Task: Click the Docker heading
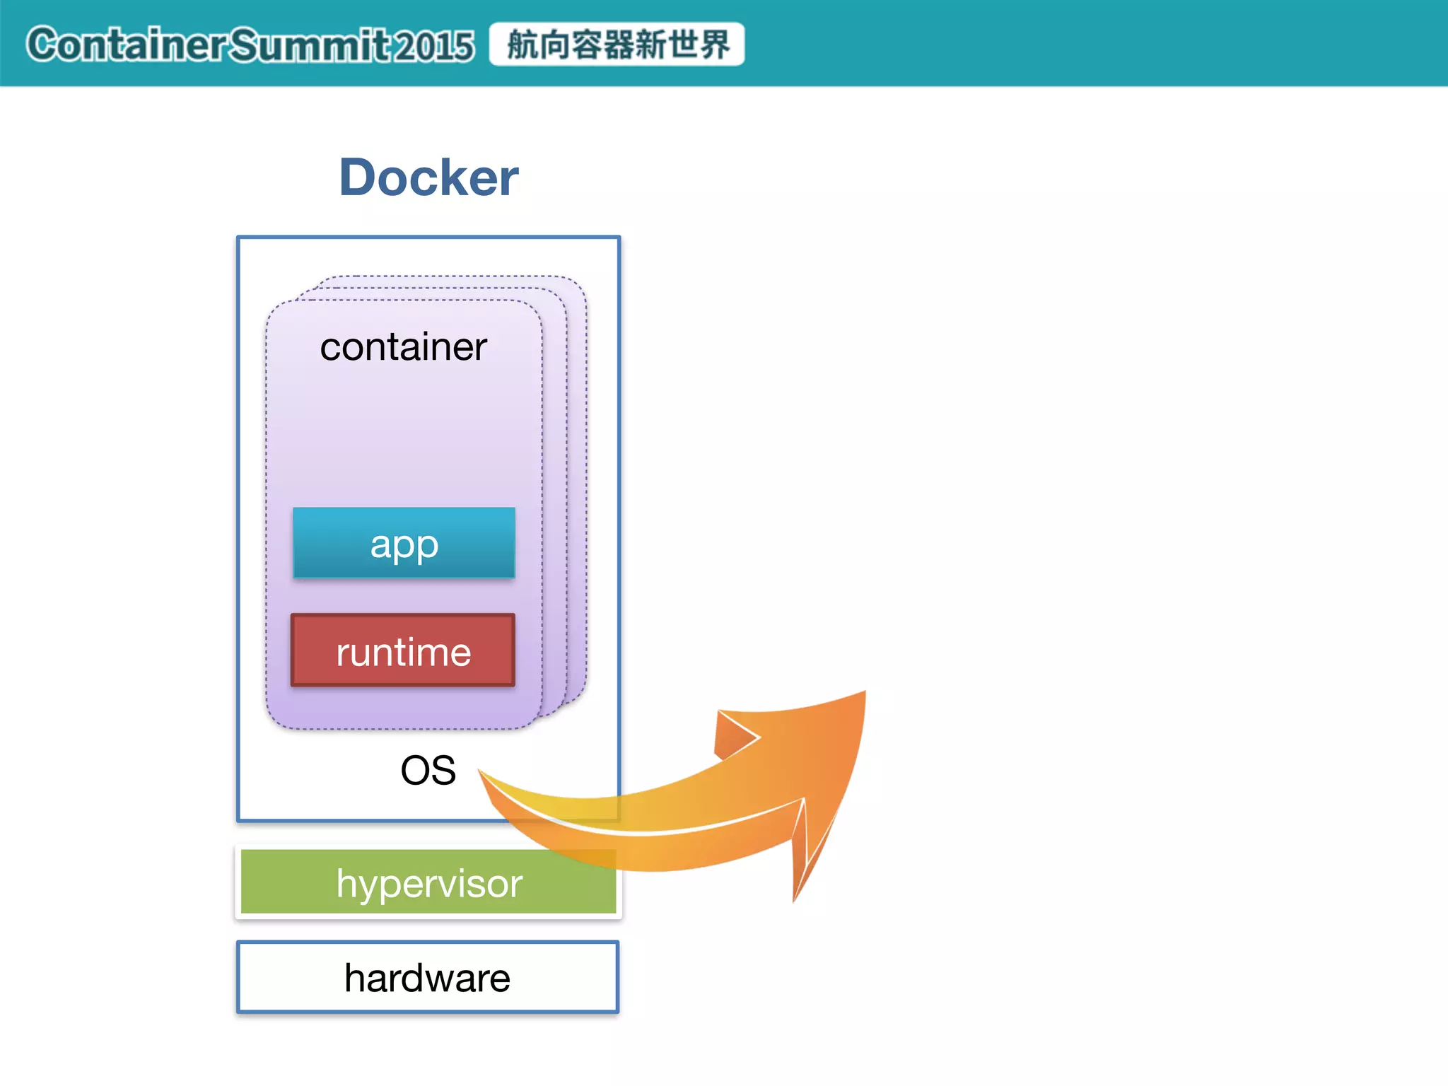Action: coord(428,177)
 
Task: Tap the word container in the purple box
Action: coord(403,346)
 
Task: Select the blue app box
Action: coord(404,543)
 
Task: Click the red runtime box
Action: coord(403,650)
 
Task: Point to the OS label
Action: coord(428,770)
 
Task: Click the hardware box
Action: coord(428,978)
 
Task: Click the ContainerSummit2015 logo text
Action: coord(250,45)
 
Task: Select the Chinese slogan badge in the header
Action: coord(617,45)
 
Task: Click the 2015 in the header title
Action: coord(433,46)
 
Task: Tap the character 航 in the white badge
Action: coord(522,45)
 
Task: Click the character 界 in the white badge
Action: coord(713,45)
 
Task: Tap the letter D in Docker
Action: coord(359,177)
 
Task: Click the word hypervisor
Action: coord(429,883)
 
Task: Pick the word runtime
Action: coord(403,652)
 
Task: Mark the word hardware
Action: coord(428,979)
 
